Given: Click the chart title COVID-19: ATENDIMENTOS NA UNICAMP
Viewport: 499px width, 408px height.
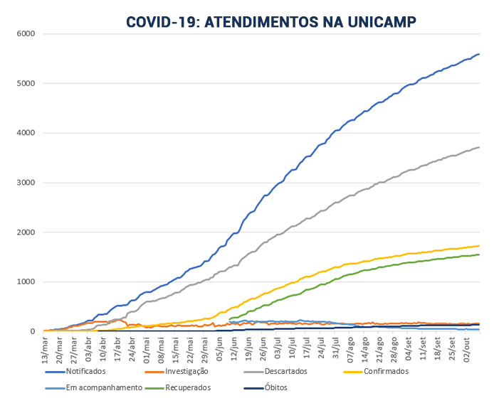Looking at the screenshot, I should coord(271,21).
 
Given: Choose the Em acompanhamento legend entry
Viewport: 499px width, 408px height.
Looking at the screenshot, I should coord(96,388).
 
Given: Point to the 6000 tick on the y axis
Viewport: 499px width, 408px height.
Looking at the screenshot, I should coord(26,33).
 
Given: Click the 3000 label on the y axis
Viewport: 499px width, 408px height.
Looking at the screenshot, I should coord(26,183).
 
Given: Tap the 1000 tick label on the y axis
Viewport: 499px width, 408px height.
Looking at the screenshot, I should coord(26,282).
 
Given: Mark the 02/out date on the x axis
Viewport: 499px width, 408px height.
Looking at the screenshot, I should coord(466,348).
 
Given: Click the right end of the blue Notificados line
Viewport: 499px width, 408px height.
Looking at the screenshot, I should coord(479,54).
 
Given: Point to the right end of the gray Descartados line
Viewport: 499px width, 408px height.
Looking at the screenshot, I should coord(479,147).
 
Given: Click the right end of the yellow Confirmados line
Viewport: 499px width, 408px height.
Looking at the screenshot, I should coord(479,246).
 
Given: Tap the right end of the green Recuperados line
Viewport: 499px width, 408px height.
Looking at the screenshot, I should coord(479,254).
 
